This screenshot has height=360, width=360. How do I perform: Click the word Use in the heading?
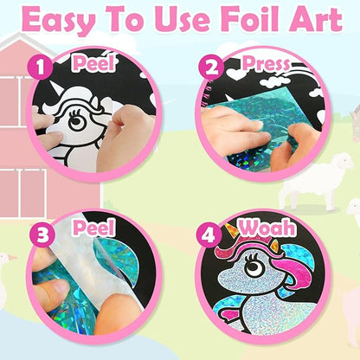point(183,22)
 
